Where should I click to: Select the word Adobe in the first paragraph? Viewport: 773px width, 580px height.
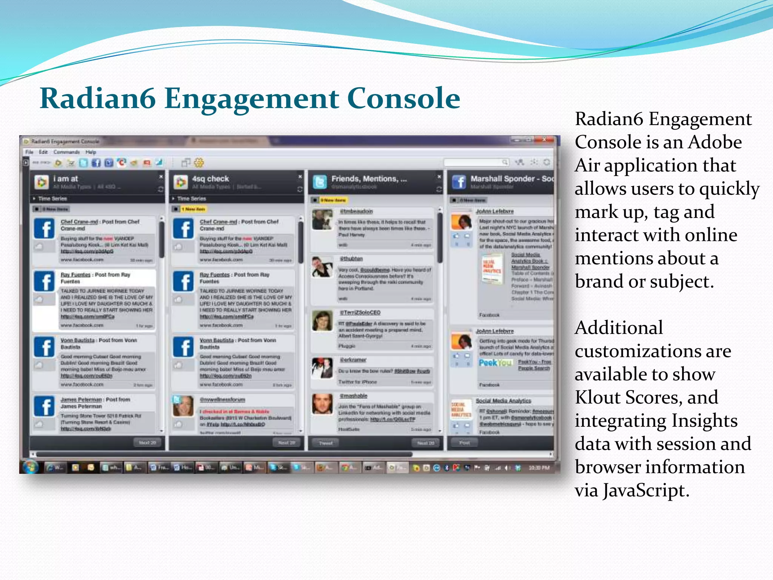[x=714, y=142]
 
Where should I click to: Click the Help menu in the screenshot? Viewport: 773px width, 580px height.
[x=91, y=152]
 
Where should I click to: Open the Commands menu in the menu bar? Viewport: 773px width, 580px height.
[x=66, y=152]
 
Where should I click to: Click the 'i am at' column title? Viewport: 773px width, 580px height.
[x=65, y=179]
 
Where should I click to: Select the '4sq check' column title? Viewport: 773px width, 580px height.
[x=210, y=179]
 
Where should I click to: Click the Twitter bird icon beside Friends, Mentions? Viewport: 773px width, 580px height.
[x=320, y=182]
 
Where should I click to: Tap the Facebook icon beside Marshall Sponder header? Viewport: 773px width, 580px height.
[x=459, y=182]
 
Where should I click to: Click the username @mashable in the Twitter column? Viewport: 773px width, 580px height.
[x=353, y=396]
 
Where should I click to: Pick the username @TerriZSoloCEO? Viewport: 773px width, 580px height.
[x=360, y=313]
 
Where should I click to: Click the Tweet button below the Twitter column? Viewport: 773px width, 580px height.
[x=325, y=443]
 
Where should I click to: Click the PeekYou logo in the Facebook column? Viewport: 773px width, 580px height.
[x=495, y=363]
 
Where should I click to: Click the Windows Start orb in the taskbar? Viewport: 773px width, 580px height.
[x=31, y=467]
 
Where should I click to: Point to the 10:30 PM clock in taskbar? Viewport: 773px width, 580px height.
[x=539, y=468]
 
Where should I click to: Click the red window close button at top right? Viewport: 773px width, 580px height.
[x=545, y=140]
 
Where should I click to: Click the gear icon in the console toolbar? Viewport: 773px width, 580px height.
[x=199, y=163]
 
